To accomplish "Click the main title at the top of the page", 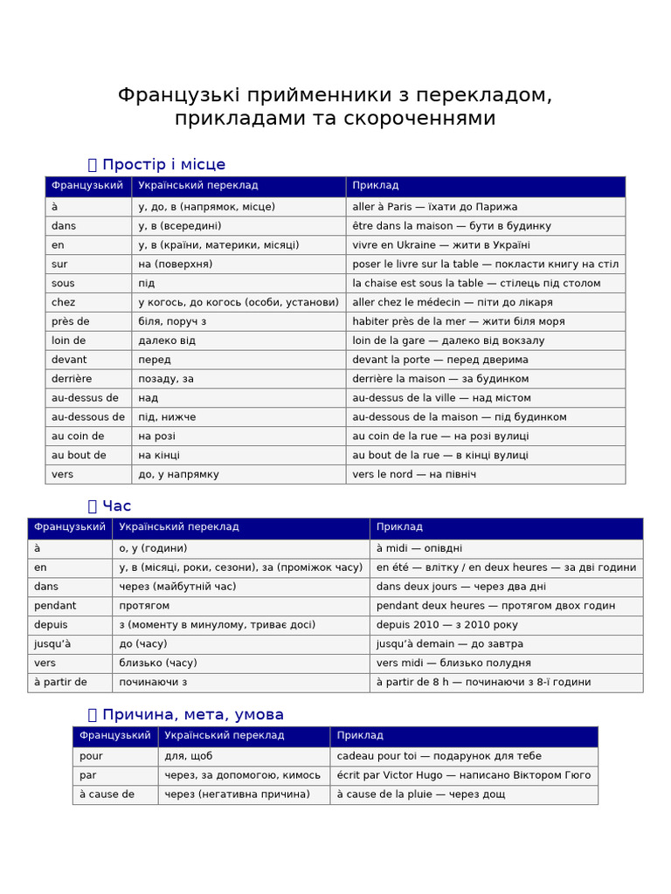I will click(335, 107).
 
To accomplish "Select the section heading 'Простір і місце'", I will click(163, 164).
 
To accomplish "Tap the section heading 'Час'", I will click(116, 505).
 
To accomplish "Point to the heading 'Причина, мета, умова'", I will click(192, 714).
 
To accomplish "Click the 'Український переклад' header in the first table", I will click(198, 186).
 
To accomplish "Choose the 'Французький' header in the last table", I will click(114, 736).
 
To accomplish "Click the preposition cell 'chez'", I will click(64, 302).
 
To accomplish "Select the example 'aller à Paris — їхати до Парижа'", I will click(434, 207).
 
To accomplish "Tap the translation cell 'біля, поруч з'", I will click(172, 321).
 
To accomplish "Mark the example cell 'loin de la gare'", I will click(448, 340).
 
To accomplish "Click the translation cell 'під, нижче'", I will click(167, 417).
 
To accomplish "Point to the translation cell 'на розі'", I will click(157, 437).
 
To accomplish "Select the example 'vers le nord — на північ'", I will click(413, 474).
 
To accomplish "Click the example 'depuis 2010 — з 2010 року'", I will click(446, 625).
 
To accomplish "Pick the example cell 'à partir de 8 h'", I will click(483, 683).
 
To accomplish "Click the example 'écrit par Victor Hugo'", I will click(463, 775).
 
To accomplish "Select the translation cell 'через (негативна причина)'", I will click(237, 794).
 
